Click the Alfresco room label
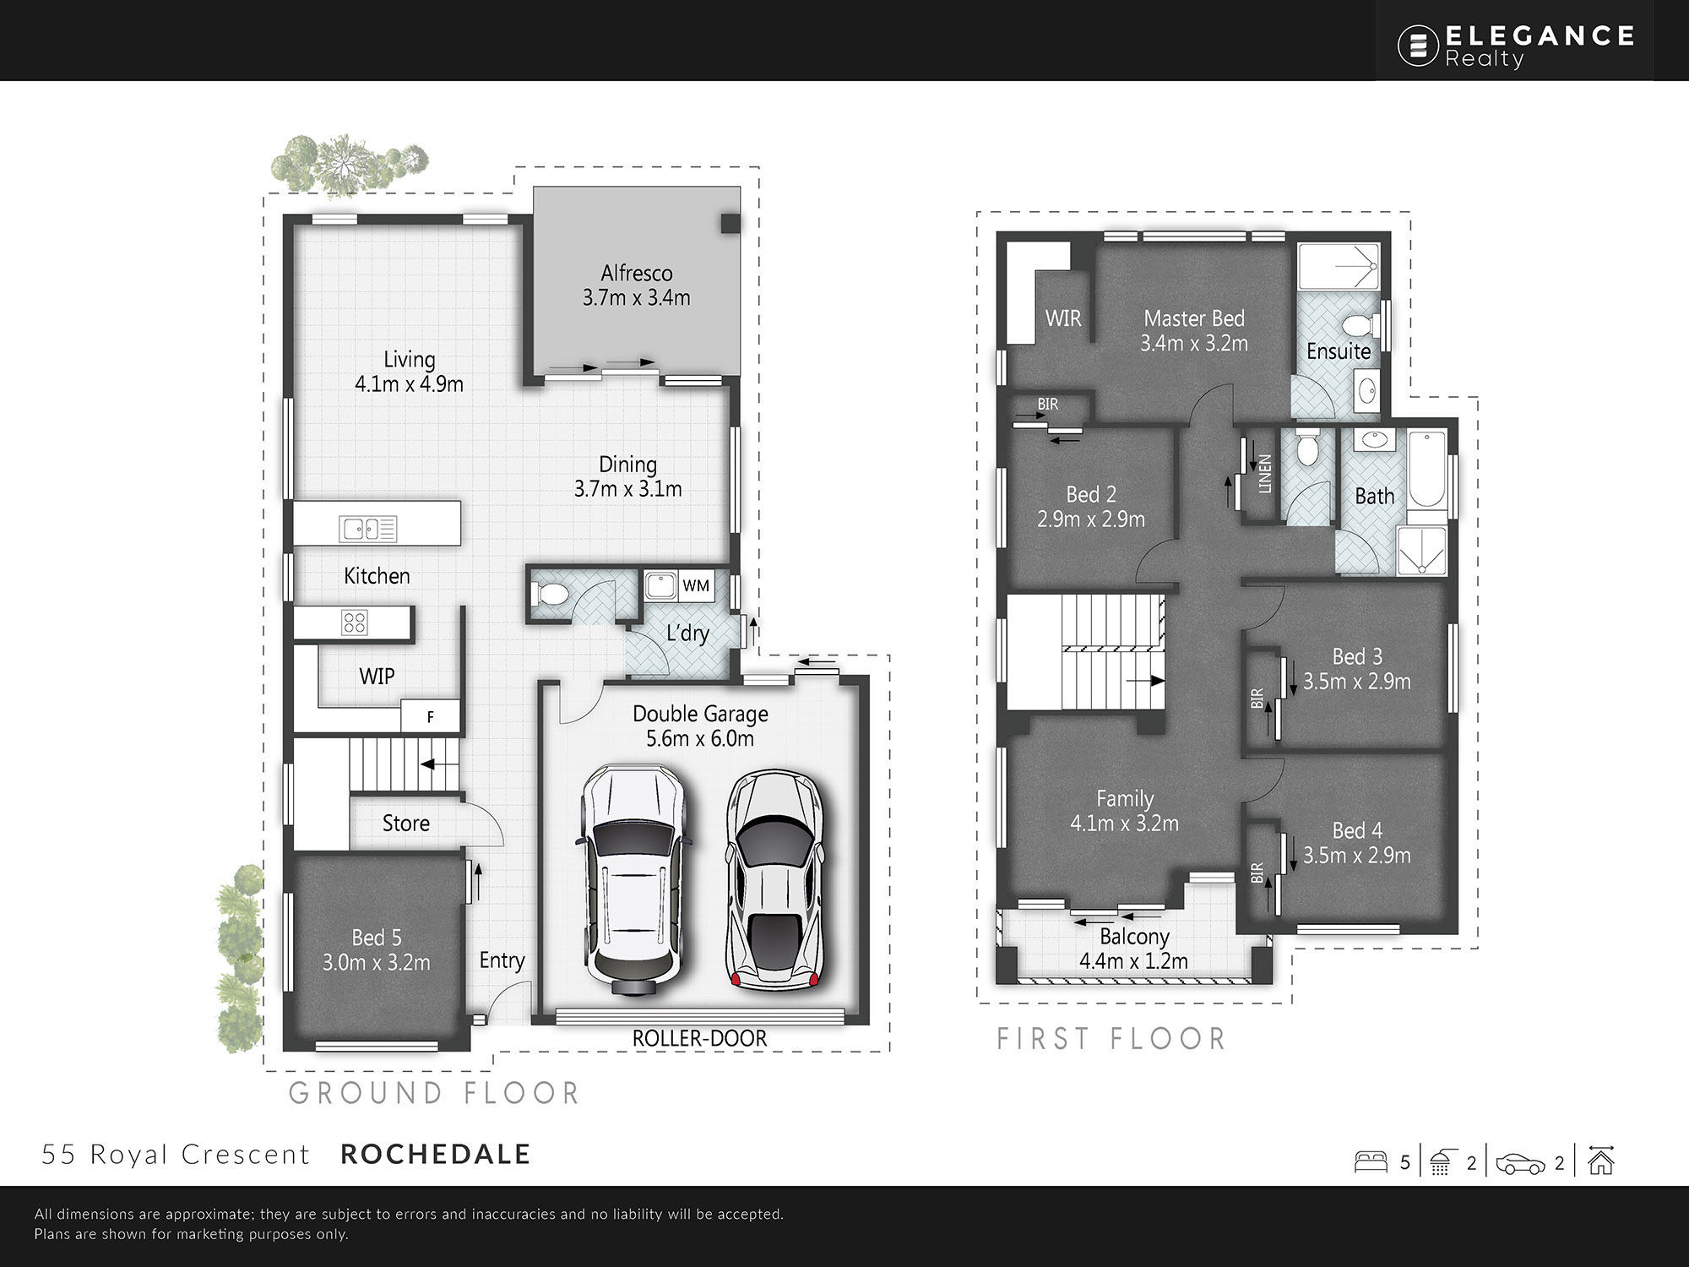coord(637,274)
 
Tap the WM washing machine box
coord(696,585)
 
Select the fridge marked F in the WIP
coord(430,716)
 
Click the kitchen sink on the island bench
coord(368,529)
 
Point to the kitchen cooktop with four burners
coord(354,623)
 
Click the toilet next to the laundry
coord(552,594)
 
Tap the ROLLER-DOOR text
coord(699,1038)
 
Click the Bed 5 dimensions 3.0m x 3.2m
coord(377,962)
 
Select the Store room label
coord(406,823)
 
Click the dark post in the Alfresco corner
coord(730,224)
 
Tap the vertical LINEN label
coord(1264,474)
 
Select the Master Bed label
coord(1194,318)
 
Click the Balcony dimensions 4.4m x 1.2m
coord(1134,961)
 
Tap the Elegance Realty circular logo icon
coord(1418,46)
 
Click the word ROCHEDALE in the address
coord(436,1154)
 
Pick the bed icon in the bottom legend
coord(1371,1161)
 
